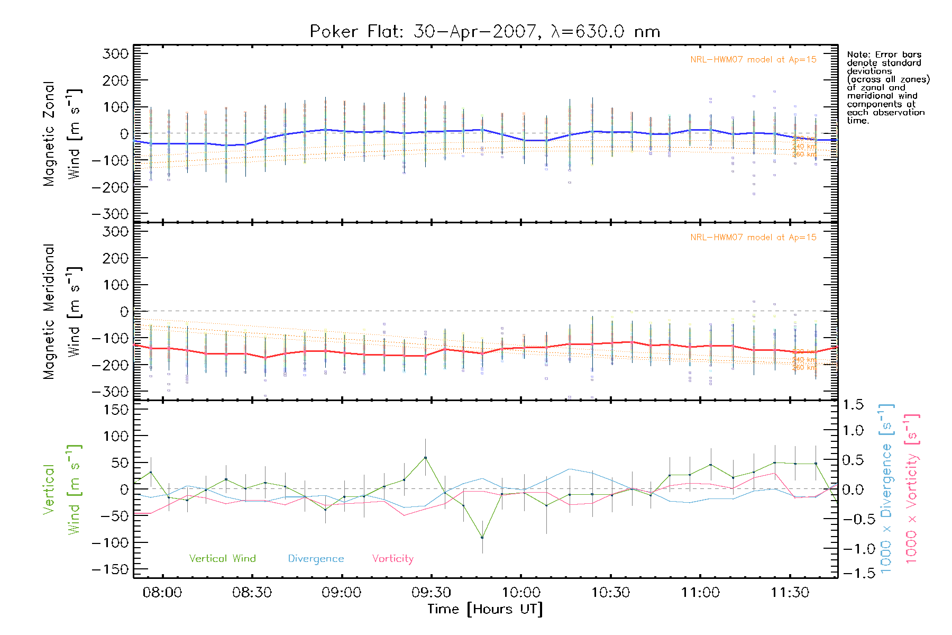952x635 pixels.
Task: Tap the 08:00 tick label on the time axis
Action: coord(162,593)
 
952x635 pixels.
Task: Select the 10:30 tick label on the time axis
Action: coord(610,593)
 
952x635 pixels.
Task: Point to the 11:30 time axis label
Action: coord(790,593)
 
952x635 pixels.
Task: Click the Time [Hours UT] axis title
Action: coord(485,609)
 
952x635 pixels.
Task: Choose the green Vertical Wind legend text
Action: coord(222,558)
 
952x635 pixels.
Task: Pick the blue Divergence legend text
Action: coord(316,558)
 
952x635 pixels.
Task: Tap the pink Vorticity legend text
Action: coord(392,558)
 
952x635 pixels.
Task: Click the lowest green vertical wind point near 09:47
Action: coord(482,538)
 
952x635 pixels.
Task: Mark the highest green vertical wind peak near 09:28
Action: coord(425,458)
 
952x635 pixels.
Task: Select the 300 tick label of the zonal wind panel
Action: coord(115,53)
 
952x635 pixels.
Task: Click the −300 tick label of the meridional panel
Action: coord(110,392)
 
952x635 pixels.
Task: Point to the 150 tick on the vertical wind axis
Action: coord(115,410)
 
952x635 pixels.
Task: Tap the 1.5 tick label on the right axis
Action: coord(853,405)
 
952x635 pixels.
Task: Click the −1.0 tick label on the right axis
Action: coord(853,549)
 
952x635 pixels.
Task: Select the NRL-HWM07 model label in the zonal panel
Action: coord(753,60)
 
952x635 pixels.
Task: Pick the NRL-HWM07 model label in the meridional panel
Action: coord(753,238)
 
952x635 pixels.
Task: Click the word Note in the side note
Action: coord(857,55)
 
